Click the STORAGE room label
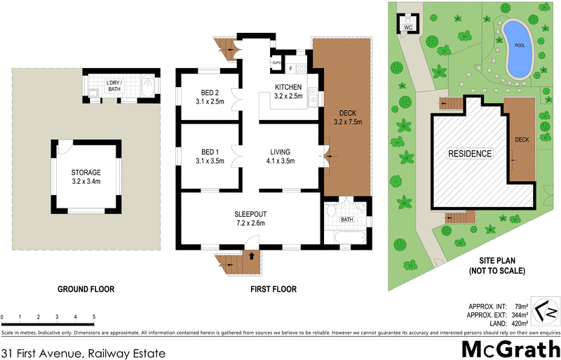(x=86, y=176)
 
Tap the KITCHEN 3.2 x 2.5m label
(x=288, y=91)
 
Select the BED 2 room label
(x=210, y=97)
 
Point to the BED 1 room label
(x=210, y=156)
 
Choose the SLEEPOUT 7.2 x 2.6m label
(x=251, y=218)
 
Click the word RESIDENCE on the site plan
(x=471, y=154)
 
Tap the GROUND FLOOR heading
(x=86, y=288)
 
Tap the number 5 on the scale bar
(x=94, y=318)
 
